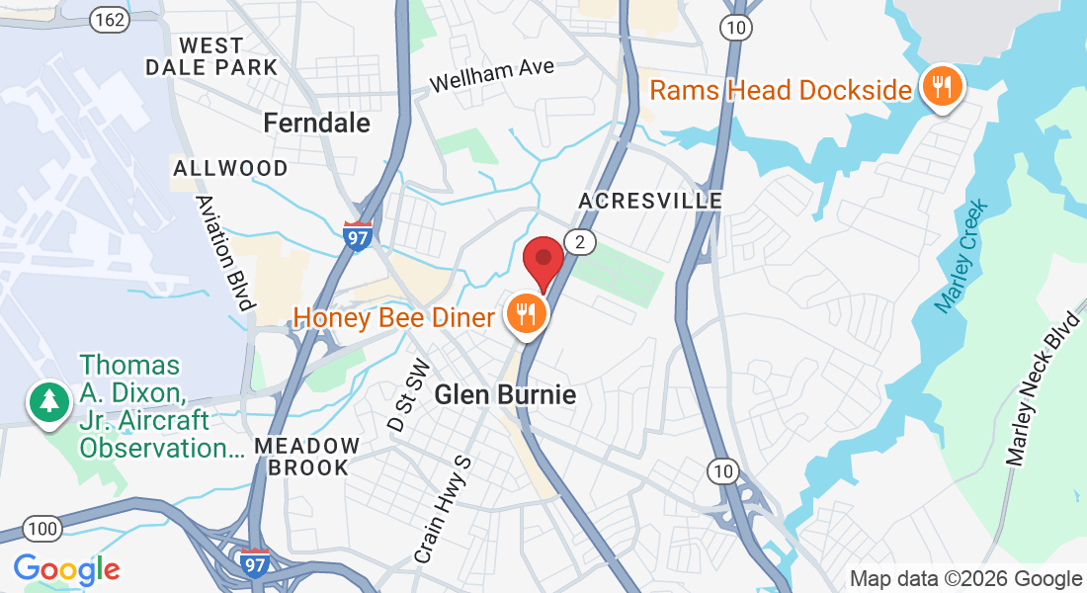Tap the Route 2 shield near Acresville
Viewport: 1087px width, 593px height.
pos(580,242)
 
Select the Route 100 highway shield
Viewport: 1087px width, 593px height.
pos(42,529)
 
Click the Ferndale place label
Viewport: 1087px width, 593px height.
pos(317,123)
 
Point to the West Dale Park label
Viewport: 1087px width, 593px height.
pos(211,56)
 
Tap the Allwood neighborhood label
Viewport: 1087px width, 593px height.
pos(230,168)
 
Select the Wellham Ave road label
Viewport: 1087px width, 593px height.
pos(492,75)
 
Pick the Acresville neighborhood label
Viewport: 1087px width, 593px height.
pos(650,201)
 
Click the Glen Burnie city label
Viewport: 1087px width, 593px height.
pos(505,395)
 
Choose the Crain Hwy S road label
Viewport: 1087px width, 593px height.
pos(441,510)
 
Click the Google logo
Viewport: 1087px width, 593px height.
pos(66,568)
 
